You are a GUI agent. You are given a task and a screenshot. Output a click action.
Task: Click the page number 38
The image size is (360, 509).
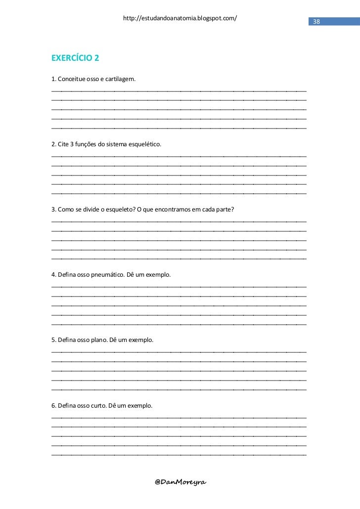[x=316, y=22]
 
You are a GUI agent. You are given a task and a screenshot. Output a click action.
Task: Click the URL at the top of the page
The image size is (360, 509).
[x=180, y=18]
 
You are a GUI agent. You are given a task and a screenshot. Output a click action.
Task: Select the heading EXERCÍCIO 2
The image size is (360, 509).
[x=75, y=58]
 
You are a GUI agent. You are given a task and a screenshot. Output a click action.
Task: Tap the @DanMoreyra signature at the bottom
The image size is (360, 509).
[x=180, y=481]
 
